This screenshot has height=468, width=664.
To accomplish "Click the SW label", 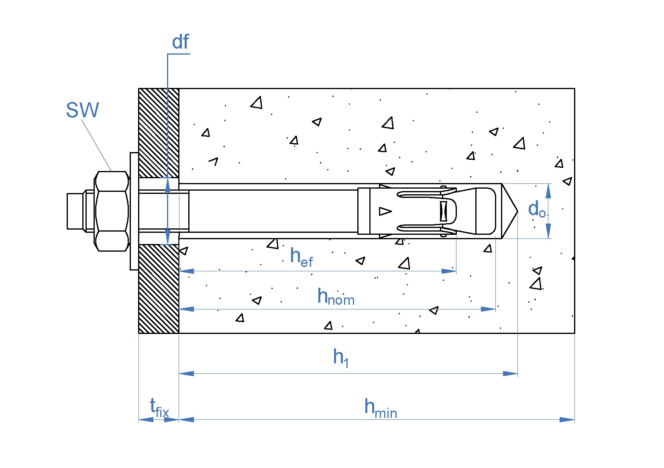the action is click(x=82, y=110).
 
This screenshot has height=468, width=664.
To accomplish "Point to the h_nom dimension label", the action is click(x=336, y=296).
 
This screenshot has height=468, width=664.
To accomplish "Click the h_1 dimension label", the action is click(x=341, y=358).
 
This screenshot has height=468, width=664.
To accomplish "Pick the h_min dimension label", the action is click(x=381, y=408).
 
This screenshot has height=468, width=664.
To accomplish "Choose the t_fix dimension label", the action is click(x=159, y=407).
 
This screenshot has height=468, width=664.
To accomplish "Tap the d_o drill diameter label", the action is click(x=537, y=209).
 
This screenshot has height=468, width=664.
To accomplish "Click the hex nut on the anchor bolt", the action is click(x=112, y=212).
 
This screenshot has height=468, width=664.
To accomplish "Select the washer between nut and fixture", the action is click(x=134, y=212).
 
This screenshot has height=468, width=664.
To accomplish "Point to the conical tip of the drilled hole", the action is click(x=509, y=211).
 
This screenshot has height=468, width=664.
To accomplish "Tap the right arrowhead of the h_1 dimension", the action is click(x=510, y=373).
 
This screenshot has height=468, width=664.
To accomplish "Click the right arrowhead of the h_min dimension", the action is click(x=567, y=420).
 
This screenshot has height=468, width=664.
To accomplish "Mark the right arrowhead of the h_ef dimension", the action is click(x=449, y=271).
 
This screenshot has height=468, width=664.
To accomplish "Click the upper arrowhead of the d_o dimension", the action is click(x=548, y=191).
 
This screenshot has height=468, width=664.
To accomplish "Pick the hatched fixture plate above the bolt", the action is click(x=159, y=133).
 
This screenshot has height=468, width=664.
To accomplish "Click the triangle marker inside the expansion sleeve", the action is click(x=385, y=212).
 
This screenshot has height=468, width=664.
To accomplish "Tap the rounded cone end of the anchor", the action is click(x=486, y=211).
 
